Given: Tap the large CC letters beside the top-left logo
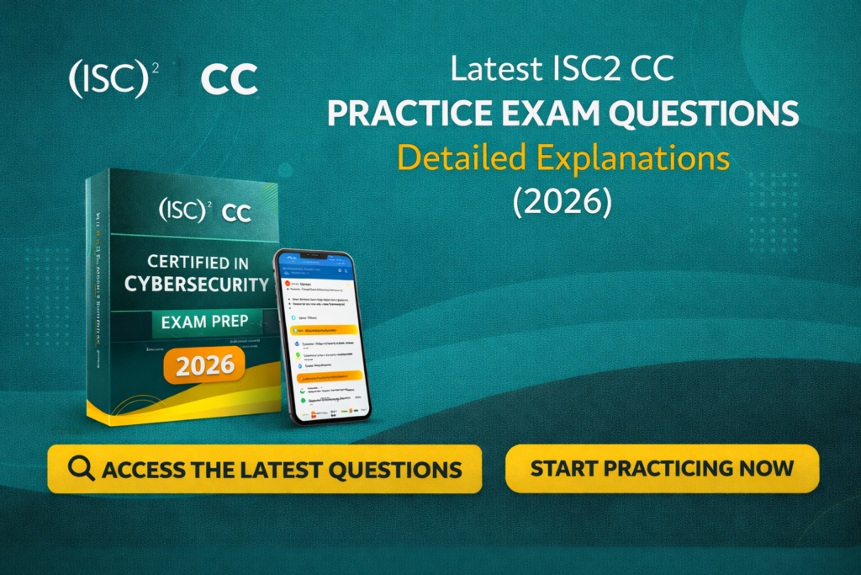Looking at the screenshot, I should point(230,80).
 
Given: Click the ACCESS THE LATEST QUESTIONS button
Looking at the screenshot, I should point(265,469).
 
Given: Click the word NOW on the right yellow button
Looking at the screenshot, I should point(765,467).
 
